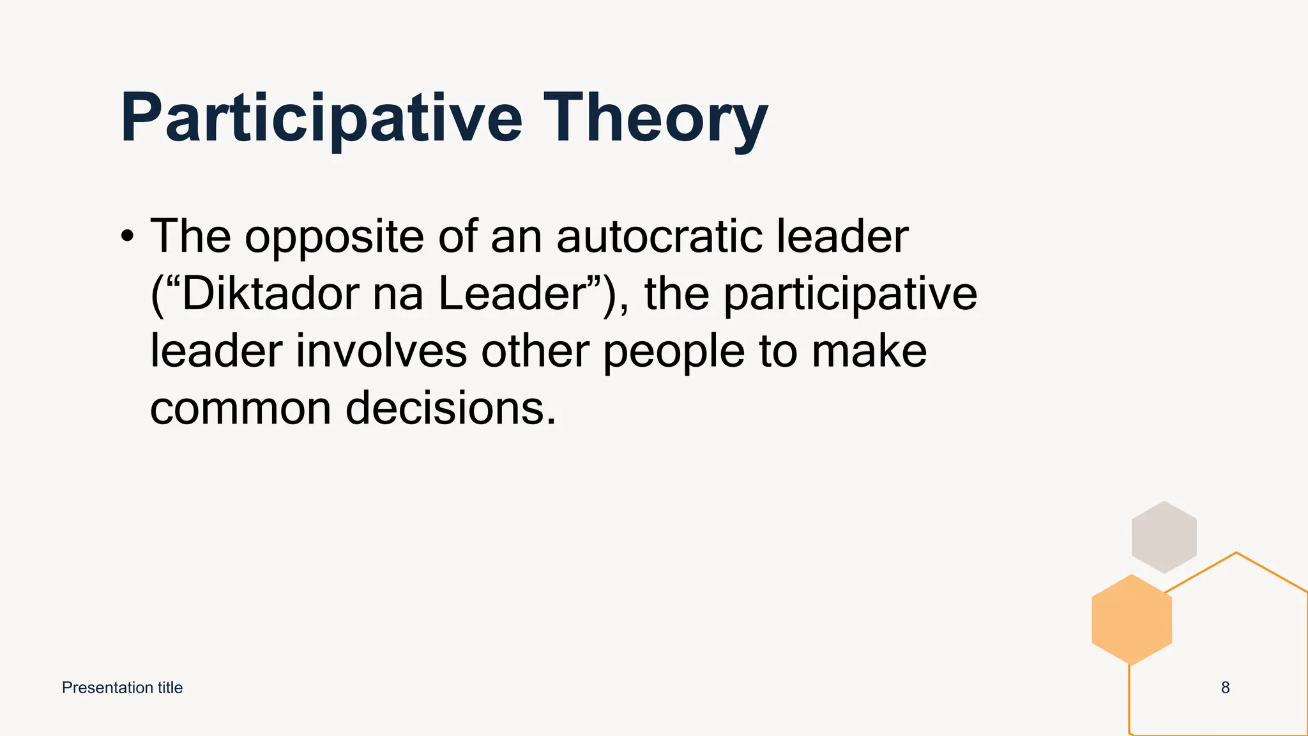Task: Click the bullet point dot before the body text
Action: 128,236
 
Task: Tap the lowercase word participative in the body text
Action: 850,295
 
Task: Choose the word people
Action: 674,353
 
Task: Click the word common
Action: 240,409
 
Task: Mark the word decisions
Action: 450,409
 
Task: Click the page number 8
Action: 1225,688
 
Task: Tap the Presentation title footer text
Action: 122,688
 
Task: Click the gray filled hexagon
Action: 1164,537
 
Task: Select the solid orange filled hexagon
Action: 1132,620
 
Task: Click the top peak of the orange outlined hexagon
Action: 1236,553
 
